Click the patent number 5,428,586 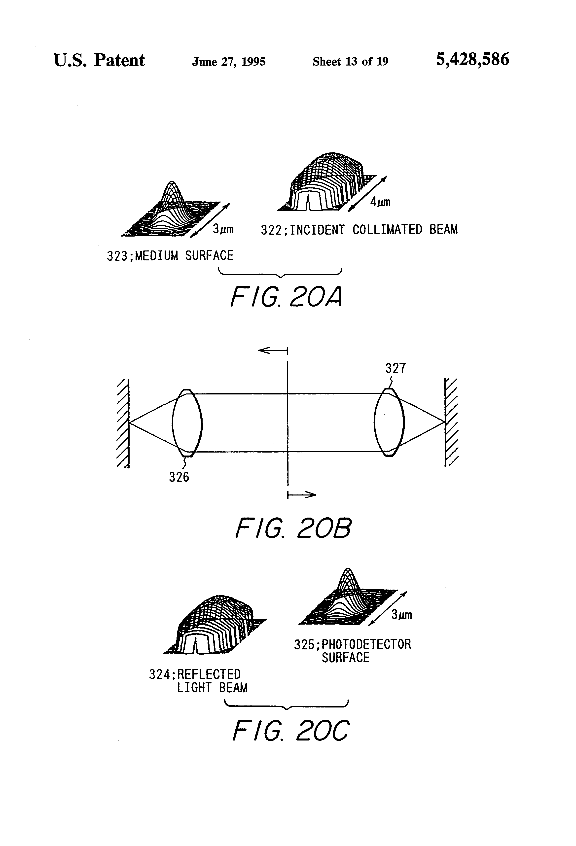click(472, 60)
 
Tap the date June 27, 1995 click(229, 62)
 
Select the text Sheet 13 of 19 click(350, 62)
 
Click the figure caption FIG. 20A click(287, 297)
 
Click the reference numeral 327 click(396, 368)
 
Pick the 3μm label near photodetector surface click(402, 615)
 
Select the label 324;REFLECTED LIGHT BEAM click(198, 681)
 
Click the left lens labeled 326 click(187, 423)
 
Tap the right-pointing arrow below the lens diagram click(302, 495)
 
